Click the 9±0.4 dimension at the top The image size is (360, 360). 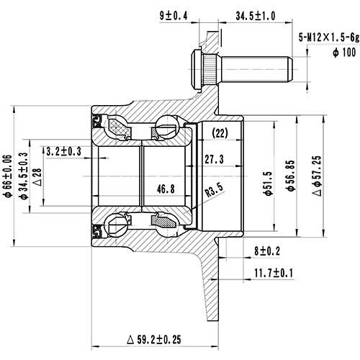point(176,15)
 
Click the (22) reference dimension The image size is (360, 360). point(220,132)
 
